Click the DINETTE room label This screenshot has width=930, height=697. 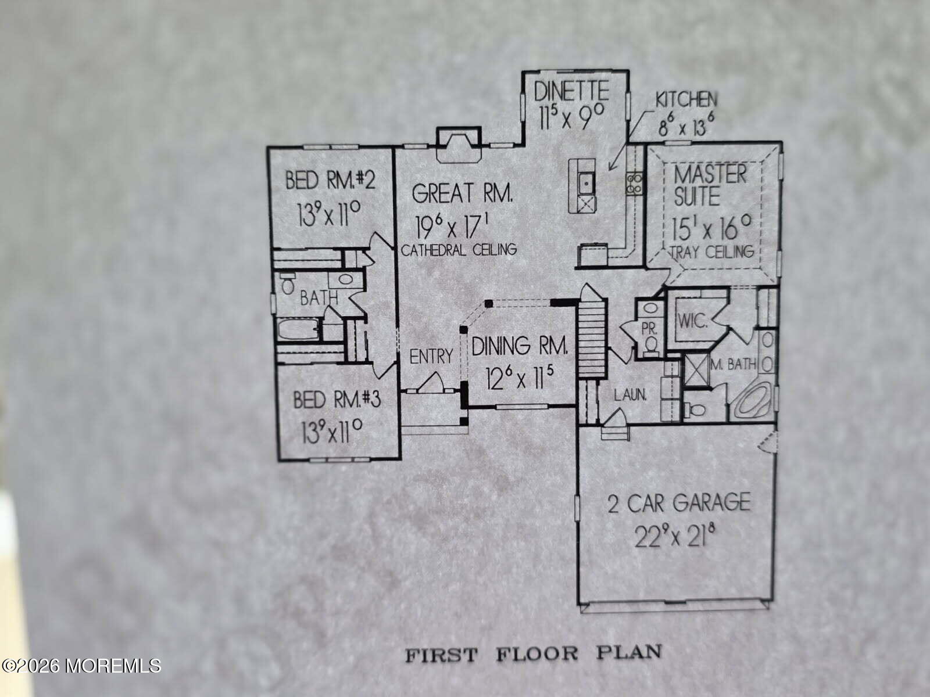pos(571,91)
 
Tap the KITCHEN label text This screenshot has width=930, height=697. pos(686,100)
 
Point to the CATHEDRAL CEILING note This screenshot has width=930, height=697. pos(459,250)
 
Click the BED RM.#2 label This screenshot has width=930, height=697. pos(331,180)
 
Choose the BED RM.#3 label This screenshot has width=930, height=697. pos(337,400)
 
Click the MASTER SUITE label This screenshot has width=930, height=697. pos(710,185)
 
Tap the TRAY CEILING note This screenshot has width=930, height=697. pos(713,252)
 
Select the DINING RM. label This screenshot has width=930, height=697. pos(520,346)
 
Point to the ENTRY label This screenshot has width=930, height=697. pos(431,356)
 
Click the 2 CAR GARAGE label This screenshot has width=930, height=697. pos(679,503)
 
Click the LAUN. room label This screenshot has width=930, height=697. pos(631,396)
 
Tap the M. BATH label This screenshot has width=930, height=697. pos(734,364)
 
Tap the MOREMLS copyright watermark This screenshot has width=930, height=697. pos(81,666)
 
